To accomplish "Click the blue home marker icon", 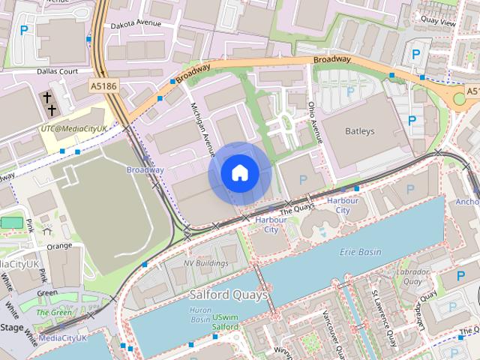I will click(x=240, y=173).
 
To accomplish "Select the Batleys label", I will click(x=359, y=131).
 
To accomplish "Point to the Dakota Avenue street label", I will click(x=137, y=24).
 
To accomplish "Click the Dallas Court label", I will click(x=58, y=72).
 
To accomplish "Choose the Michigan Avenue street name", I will click(x=198, y=124).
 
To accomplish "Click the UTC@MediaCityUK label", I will click(x=74, y=129).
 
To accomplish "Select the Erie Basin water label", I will click(x=360, y=251).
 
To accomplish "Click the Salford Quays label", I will click(x=228, y=295).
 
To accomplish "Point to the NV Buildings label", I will click(x=206, y=263).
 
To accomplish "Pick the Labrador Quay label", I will click(x=413, y=277).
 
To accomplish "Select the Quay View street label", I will click(x=438, y=22).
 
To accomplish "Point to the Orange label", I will click(x=59, y=246).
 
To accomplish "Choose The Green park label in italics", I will click(x=54, y=312).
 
